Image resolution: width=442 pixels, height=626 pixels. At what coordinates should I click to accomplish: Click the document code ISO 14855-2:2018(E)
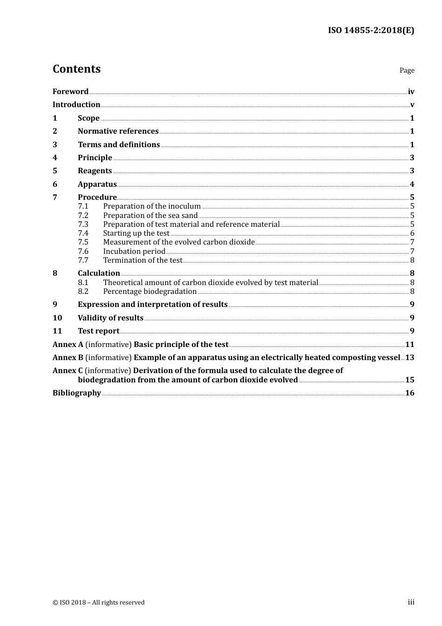(x=371, y=30)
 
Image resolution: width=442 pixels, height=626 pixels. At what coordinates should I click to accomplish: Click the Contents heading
(x=76, y=69)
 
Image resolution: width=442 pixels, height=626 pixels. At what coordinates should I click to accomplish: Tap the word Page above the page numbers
(x=407, y=70)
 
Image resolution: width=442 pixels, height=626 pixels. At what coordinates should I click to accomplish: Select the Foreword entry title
(x=70, y=91)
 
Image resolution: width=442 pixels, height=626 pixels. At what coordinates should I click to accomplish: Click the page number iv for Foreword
(x=411, y=92)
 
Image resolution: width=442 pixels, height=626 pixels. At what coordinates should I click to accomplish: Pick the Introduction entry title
(x=76, y=105)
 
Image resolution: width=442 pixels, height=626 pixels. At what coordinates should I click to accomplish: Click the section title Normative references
(x=118, y=131)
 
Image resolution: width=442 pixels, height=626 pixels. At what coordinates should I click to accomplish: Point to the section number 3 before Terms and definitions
(x=55, y=145)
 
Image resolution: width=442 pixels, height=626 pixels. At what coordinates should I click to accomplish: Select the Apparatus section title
(x=97, y=184)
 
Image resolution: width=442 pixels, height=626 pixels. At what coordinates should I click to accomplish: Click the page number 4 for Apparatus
(x=412, y=184)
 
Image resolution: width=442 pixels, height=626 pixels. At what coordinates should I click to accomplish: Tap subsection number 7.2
(x=83, y=216)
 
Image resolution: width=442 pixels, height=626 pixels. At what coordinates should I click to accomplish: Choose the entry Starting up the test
(x=136, y=233)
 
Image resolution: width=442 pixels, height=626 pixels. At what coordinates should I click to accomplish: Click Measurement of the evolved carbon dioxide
(x=179, y=242)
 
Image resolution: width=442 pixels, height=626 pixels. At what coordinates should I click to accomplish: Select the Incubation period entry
(x=134, y=252)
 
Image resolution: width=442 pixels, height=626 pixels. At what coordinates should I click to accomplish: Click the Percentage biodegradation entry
(x=150, y=292)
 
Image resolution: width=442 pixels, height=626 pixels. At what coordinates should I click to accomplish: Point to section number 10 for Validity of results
(x=57, y=318)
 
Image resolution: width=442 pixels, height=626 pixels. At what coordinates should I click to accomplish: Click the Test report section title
(x=98, y=331)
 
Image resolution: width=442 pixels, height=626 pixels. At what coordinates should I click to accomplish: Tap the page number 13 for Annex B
(x=409, y=358)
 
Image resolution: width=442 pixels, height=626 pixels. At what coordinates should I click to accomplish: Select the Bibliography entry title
(x=77, y=393)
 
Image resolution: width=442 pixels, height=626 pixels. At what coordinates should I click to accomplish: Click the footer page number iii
(x=411, y=602)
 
